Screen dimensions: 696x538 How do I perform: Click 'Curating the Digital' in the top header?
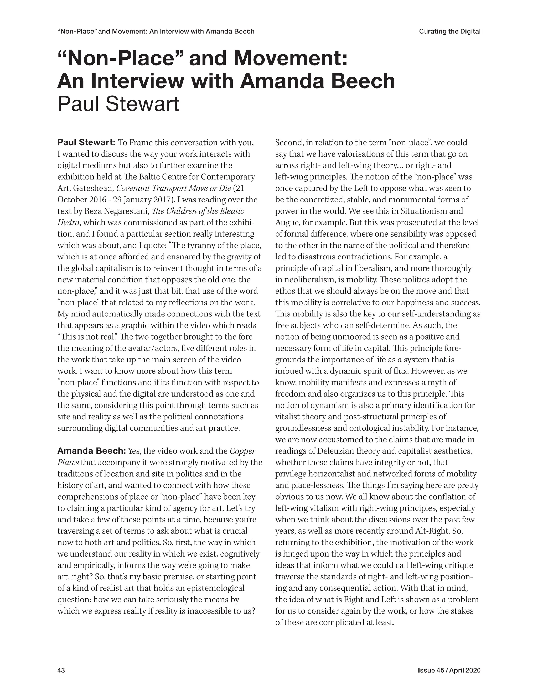pyautogui.click(x=449, y=31)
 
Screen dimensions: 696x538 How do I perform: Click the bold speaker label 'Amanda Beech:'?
pyautogui.click(x=92, y=451)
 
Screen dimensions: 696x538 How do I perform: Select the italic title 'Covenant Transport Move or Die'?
pyautogui.click(x=174, y=188)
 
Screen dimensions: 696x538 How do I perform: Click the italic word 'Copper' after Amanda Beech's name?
pyautogui.click(x=242, y=451)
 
